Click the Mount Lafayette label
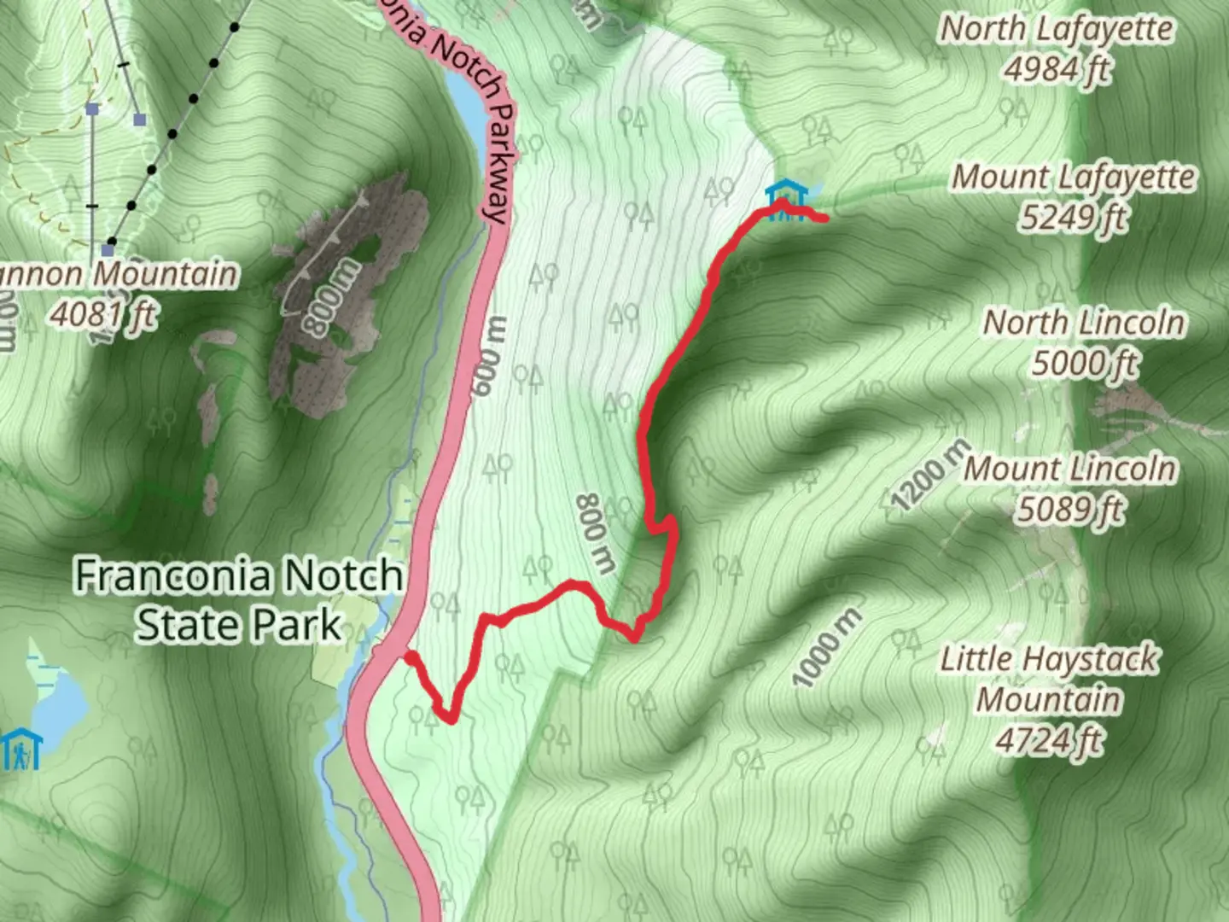pos(1074,178)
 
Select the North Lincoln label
pos(1084,324)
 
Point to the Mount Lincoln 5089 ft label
pos(1070,489)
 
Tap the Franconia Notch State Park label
pos(239,599)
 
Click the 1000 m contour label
pos(827,647)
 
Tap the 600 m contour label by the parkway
pos(492,356)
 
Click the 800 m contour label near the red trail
pos(596,533)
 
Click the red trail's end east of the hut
pos(825,219)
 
